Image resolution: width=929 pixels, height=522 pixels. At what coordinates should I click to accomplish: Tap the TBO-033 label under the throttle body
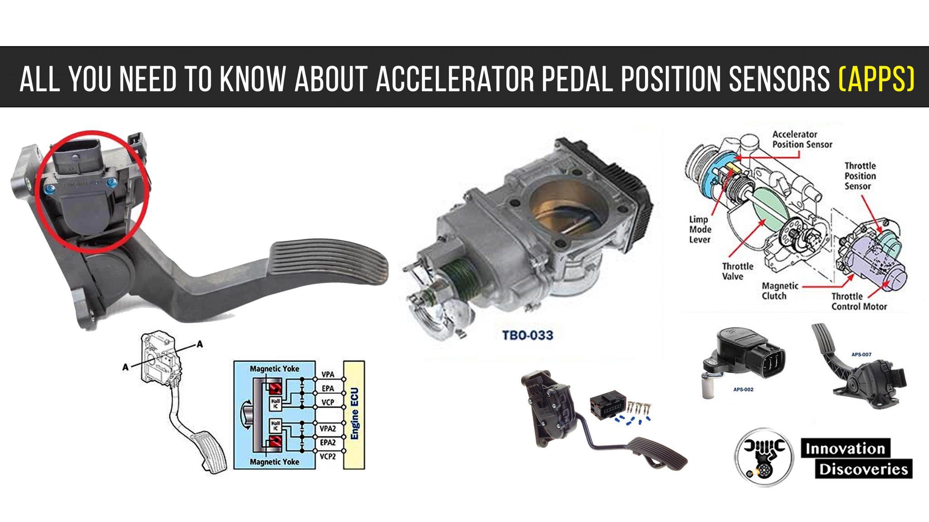528,336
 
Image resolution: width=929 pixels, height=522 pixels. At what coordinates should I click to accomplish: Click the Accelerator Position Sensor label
802,139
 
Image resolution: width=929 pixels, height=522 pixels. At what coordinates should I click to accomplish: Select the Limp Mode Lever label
699,229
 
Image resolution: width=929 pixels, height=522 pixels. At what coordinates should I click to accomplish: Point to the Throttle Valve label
737,271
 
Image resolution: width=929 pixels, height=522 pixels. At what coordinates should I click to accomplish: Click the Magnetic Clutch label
780,291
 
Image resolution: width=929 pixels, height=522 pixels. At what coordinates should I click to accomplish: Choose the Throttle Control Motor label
859,302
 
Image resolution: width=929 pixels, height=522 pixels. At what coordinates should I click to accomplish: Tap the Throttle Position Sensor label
860,176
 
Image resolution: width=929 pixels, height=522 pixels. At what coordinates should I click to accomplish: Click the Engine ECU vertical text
355,414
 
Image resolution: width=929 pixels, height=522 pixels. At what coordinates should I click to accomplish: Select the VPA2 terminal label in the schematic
328,429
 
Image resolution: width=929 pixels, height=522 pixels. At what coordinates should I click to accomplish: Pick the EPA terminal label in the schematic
328,388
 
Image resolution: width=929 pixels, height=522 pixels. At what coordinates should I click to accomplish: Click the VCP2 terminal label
328,456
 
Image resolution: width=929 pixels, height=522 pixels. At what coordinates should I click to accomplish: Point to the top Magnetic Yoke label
274,369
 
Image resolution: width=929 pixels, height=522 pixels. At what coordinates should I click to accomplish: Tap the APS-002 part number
743,390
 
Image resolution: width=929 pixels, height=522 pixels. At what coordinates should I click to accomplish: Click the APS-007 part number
861,355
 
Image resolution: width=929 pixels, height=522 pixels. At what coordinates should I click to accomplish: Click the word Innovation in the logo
845,449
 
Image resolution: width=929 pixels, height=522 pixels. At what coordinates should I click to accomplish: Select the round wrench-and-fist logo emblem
764,457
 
